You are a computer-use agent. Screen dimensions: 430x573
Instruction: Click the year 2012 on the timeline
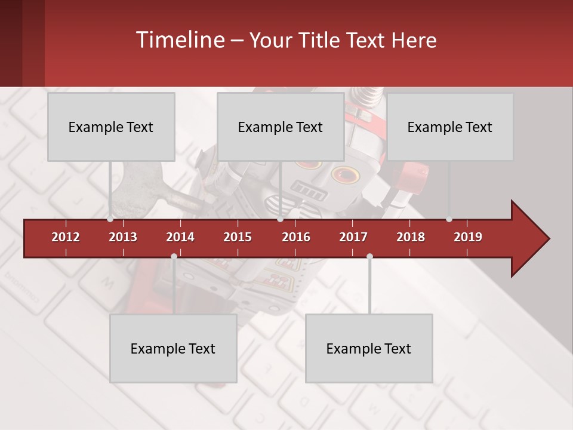pos(66,237)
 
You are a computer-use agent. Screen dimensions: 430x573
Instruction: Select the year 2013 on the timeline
pos(123,237)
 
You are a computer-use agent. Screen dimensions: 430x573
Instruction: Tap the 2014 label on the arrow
pos(180,237)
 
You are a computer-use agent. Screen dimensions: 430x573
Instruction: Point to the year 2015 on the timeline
pos(238,237)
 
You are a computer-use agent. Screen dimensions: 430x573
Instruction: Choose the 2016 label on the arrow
pos(296,237)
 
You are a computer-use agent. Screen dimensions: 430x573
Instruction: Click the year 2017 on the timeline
pos(353,237)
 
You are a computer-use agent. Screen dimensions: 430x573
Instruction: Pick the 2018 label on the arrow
pos(411,237)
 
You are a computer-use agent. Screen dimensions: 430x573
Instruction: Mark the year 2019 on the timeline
pos(468,237)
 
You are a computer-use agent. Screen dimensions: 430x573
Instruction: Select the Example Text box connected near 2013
pos(111,127)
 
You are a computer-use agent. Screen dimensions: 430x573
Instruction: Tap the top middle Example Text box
pos(281,127)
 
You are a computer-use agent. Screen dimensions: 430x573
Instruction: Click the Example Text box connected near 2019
pos(450,127)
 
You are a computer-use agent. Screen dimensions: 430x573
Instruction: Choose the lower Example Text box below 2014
pos(173,348)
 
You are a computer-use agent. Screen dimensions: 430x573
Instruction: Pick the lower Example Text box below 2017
pos(369,348)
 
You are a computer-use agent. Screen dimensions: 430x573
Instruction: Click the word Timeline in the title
pos(179,40)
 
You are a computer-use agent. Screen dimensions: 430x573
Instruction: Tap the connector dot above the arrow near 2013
pos(110,219)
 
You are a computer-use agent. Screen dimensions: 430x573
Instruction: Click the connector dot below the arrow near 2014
pos(174,256)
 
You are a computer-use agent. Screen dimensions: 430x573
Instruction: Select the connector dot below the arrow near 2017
pos(369,256)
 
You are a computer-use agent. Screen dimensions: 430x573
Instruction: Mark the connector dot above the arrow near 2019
pos(449,219)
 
